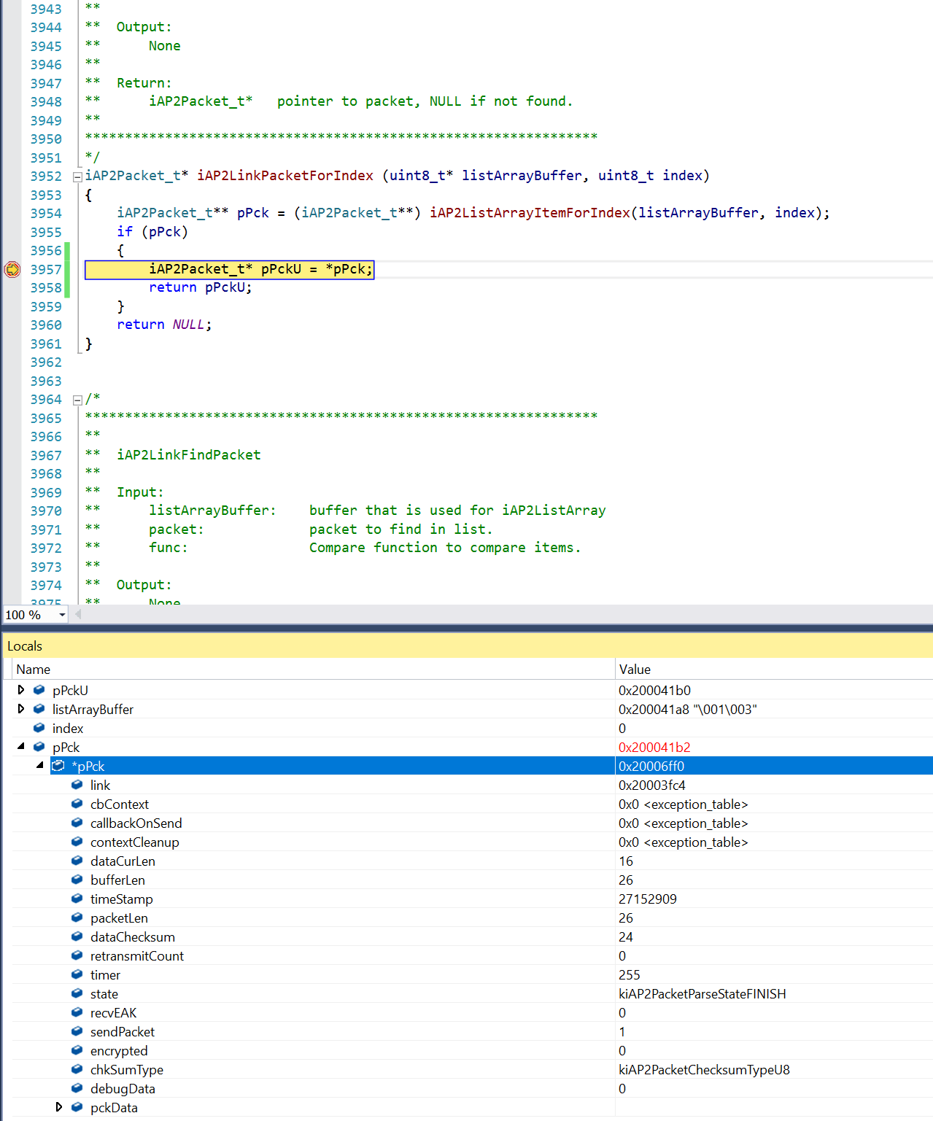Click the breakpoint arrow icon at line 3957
click(x=12, y=269)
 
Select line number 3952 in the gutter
click(x=46, y=176)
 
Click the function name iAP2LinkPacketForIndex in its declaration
click(x=284, y=176)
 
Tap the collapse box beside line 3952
click(x=77, y=177)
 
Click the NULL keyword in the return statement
click(x=187, y=325)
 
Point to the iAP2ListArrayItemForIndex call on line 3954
click(x=530, y=213)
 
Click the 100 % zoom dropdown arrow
click(x=63, y=615)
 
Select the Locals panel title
click(x=25, y=646)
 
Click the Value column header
click(x=635, y=670)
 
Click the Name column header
click(x=34, y=670)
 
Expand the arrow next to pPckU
click(x=21, y=690)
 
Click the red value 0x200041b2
click(x=654, y=748)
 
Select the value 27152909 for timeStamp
click(x=647, y=899)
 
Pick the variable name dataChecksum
click(x=132, y=937)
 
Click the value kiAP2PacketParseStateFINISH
click(x=702, y=994)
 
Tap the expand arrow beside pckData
click(x=59, y=1107)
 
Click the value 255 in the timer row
click(x=629, y=975)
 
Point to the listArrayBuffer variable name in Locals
click(x=93, y=710)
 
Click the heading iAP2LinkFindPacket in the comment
click(x=188, y=455)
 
